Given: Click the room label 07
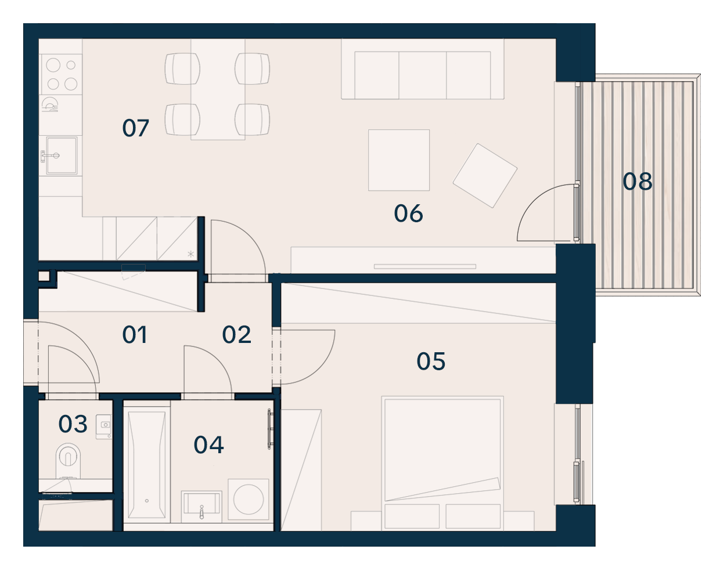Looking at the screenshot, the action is (135, 128).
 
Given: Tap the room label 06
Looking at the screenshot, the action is (409, 214).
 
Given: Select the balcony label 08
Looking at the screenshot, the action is (638, 182).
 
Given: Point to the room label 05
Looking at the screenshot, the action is (431, 362).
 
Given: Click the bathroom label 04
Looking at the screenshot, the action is (209, 444).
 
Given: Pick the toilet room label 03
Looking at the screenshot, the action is (73, 424).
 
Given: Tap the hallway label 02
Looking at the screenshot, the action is (236, 334).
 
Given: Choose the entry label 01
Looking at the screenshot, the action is (135, 334).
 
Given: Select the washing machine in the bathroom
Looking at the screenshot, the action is (249, 500).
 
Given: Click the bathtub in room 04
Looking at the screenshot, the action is (147, 465).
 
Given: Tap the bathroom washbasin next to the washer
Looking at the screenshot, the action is (201, 507).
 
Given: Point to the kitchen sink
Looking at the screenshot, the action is (62, 156).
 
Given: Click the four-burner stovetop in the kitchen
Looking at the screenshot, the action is (61, 74).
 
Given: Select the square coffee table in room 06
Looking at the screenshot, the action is (399, 160).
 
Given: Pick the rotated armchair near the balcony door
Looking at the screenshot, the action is (485, 176).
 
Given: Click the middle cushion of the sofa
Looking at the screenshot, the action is (423, 75).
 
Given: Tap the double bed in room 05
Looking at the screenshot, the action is (442, 463).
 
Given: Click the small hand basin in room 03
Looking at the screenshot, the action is (104, 427).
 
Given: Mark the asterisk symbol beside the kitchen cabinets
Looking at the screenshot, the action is (190, 254).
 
